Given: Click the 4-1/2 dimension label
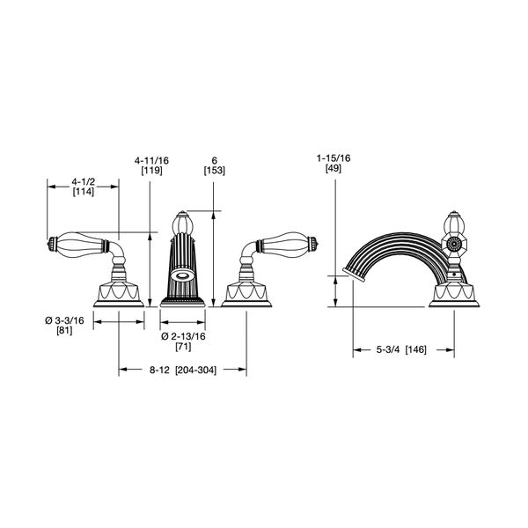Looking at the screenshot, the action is click(84, 182).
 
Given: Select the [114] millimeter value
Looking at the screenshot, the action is click(84, 192).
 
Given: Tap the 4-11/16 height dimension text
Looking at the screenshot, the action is click(151, 161).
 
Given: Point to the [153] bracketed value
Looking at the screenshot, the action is click(214, 171).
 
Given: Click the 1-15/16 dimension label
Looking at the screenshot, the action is click(334, 158).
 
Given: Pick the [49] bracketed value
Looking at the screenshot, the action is click(334, 168).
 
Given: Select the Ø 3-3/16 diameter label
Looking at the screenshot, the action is click(64, 320).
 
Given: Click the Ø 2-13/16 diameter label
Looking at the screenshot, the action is click(183, 336).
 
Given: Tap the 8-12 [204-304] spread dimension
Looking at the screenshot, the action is click(182, 370).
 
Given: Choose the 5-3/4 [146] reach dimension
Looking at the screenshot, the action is click(401, 349).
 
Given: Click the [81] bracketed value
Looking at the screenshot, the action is click(64, 331).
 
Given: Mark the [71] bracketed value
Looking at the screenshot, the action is click(183, 347).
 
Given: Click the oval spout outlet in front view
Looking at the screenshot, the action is click(182, 275).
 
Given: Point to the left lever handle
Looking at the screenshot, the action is click(81, 245).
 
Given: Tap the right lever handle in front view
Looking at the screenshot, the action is click(284, 245).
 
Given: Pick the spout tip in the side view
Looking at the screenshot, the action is click(354, 275).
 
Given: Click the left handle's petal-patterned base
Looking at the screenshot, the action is click(119, 295).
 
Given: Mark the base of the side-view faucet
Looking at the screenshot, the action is click(454, 295).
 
